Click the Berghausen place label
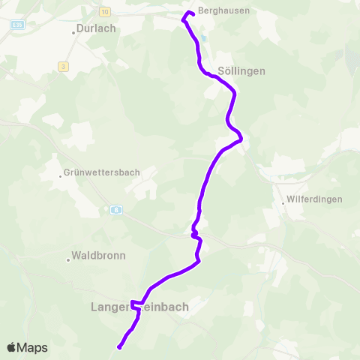point(223,10)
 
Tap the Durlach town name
point(96,29)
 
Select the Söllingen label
point(241,71)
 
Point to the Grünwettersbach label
point(103,172)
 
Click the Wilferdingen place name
point(315,200)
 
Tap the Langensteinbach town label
point(139,307)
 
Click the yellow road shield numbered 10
point(104,12)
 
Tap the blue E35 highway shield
point(17,25)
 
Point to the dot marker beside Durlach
point(74,32)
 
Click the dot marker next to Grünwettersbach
point(61,176)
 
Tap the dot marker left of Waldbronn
point(68,259)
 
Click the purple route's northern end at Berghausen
point(193,13)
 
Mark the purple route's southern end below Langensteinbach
point(119,347)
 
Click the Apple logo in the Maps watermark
point(11,348)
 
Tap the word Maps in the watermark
point(32,348)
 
